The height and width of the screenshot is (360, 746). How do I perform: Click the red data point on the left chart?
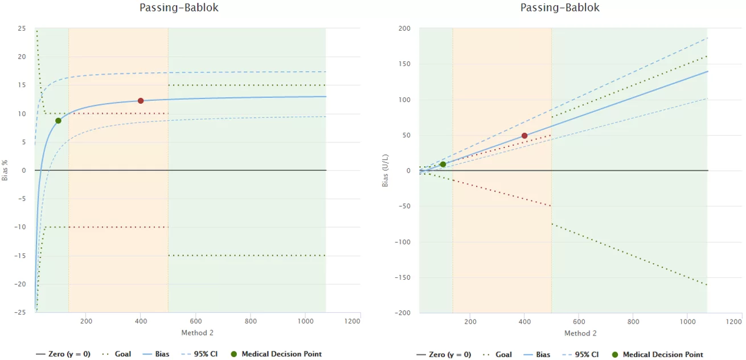pos(141,101)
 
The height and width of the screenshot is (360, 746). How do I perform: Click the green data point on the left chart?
pos(58,121)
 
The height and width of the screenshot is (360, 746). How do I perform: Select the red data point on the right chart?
pos(524,136)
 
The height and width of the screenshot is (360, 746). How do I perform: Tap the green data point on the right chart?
pos(443,165)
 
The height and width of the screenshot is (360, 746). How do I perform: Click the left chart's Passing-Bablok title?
pos(179,8)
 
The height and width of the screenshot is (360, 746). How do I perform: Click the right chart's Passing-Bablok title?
pos(560,8)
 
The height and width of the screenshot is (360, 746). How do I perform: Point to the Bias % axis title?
pos(5,170)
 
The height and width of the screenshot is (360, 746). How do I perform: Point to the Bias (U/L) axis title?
pos(386,170)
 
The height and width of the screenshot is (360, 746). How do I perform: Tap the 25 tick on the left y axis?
pos(22,28)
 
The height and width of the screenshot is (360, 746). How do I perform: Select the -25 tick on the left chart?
pos(20,313)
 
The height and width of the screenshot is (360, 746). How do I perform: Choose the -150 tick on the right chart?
pos(402,277)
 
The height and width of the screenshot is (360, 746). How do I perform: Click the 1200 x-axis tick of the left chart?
pos(352,321)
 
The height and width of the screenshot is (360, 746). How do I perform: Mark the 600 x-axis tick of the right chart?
pos(579,321)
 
